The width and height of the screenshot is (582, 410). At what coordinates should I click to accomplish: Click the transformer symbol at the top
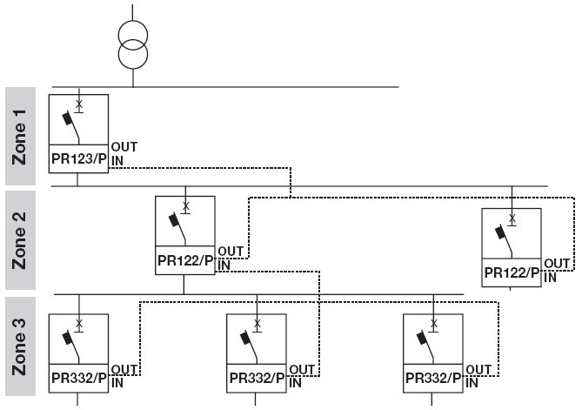point(133,45)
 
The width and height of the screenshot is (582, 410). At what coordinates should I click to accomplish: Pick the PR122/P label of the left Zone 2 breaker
point(184,260)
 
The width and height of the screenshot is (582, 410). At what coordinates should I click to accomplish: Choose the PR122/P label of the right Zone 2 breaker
point(512,273)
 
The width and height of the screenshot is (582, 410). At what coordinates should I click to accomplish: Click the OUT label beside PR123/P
point(124,147)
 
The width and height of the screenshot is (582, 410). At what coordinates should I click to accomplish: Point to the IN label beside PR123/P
point(116,160)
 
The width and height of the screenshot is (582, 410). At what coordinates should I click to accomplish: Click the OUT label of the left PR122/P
point(231,251)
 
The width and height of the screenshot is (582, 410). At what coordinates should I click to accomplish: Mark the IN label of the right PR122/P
point(550,277)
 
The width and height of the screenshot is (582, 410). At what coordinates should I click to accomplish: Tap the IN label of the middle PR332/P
point(295,381)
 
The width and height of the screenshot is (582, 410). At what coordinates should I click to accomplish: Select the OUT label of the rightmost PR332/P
point(479,370)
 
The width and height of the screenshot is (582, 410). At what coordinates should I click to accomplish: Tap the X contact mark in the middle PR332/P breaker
point(257,324)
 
